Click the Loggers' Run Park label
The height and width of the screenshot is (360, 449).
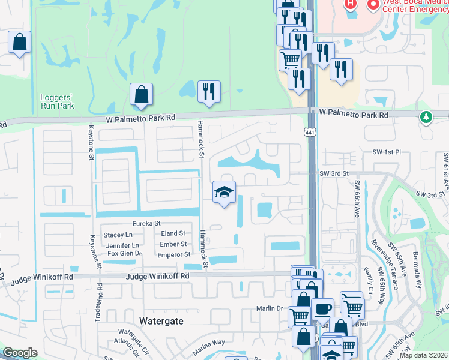coord(57,101)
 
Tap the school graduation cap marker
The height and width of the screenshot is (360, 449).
coord(224,193)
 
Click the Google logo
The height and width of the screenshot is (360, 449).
coord(20,353)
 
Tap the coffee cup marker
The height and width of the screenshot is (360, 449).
coord(322,309)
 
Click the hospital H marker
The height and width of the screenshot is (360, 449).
coord(350,4)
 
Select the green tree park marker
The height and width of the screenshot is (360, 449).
coord(426,116)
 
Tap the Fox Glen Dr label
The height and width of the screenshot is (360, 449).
coord(124,254)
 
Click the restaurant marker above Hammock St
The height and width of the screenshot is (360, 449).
coord(208,92)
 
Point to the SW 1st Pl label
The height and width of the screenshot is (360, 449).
coord(386,153)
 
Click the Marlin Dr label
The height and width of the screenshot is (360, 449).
coord(271,308)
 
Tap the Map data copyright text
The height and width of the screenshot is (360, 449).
coord(423,355)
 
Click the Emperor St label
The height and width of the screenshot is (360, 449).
coord(175,255)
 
